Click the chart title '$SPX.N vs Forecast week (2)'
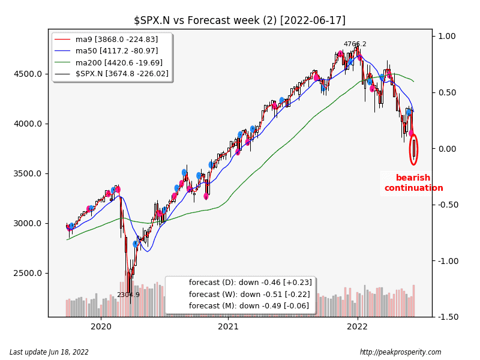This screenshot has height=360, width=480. (239, 20)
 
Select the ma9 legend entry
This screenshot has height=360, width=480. (117, 40)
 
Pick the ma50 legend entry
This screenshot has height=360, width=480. (117, 51)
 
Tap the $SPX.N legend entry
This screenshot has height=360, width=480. (122, 74)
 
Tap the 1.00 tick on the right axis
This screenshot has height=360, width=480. (446, 37)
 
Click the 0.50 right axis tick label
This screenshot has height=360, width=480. (446, 93)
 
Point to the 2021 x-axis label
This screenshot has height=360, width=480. (229, 327)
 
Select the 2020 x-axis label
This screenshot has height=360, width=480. (101, 327)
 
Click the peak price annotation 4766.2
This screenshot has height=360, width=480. (355, 44)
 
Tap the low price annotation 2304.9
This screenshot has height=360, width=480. (128, 295)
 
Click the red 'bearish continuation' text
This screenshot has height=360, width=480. (413, 183)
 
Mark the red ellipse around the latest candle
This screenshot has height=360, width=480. (413, 149)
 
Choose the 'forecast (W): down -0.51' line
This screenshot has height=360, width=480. (250, 294)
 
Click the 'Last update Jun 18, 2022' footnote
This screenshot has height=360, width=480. (49, 352)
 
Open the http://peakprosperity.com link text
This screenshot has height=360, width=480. (400, 352)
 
